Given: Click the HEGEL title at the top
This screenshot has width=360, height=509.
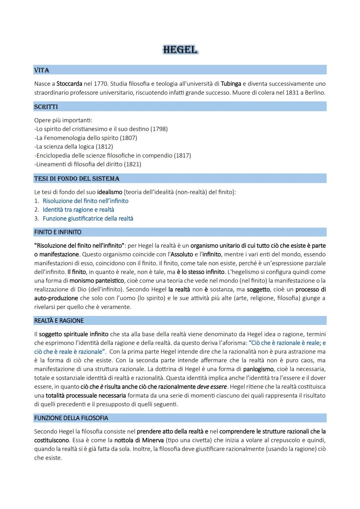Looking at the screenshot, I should (180, 50).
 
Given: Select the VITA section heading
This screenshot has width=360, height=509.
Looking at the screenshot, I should (42, 70).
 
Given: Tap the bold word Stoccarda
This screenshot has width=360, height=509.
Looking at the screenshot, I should (69, 84).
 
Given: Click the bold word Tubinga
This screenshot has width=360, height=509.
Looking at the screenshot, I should (231, 84).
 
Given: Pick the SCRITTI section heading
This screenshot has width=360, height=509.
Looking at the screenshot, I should (46, 107).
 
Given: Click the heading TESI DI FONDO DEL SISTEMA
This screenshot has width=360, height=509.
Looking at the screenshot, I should (77, 179).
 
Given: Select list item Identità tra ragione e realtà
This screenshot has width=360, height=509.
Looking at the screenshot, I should (78, 210).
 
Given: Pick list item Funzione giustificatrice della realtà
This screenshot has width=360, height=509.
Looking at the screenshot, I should (88, 219).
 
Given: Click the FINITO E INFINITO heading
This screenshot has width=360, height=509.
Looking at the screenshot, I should (58, 232).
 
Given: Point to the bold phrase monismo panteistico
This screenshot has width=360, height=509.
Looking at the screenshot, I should (97, 281).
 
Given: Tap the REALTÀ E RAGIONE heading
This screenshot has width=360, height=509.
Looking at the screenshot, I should (59, 321).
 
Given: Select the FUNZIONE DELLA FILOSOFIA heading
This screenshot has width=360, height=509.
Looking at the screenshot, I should (71, 418).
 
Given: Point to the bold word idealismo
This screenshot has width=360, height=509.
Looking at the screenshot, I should (110, 192).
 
